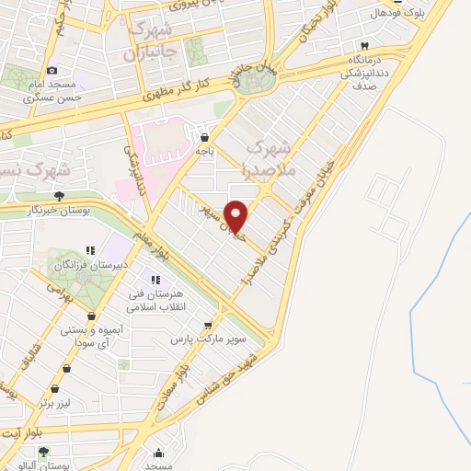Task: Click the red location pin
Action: pos(236,216)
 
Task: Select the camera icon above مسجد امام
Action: pos(52,71)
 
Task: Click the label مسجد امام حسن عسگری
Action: pos(53,90)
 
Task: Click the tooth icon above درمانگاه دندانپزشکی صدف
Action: pos(364,46)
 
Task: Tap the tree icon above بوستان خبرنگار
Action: pos(60,195)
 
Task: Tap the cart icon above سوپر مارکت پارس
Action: pos(208,325)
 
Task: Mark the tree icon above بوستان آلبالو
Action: pos(43,452)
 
